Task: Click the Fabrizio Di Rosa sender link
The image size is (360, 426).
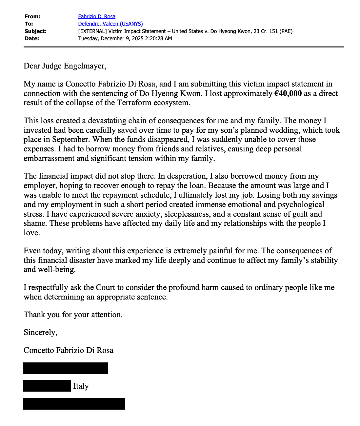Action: [x=97, y=16]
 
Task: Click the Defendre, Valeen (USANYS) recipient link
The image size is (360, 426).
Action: [x=110, y=24]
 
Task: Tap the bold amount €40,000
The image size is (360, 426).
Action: [x=288, y=93]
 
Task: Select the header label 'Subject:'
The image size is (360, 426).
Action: [x=35, y=31]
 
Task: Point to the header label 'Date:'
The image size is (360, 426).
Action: [x=32, y=38]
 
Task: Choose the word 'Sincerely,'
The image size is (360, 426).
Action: [x=41, y=332]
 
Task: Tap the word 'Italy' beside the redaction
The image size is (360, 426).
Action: [x=81, y=386]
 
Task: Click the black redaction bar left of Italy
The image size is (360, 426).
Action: [x=47, y=386]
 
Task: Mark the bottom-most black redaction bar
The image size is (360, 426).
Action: [x=74, y=404]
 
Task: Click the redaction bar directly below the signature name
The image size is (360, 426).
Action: [x=65, y=368]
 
